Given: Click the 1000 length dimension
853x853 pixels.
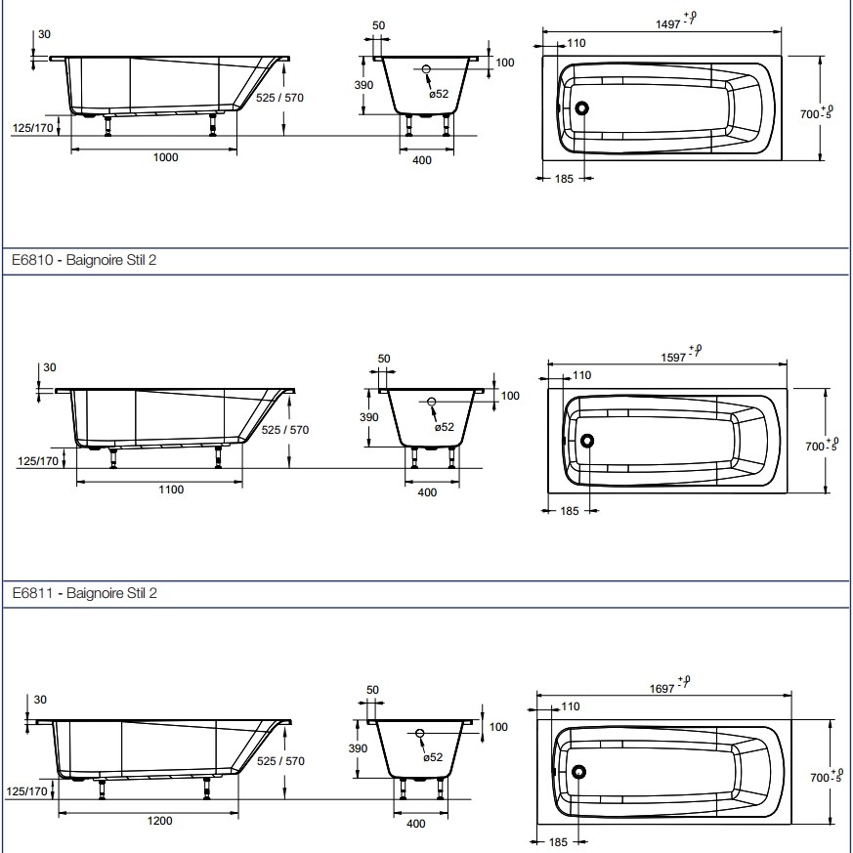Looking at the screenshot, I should click(x=167, y=158).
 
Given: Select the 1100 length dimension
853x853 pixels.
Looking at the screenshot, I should click(x=171, y=490).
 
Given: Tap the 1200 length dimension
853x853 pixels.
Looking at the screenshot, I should click(x=160, y=821).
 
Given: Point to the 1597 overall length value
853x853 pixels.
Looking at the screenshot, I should click(x=675, y=358).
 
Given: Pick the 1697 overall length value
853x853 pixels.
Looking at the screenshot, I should click(x=663, y=688).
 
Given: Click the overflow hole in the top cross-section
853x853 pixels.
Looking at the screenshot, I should click(x=426, y=69).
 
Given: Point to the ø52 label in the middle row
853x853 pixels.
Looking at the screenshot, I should click(x=445, y=427).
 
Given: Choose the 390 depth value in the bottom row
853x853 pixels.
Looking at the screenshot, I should click(x=358, y=747).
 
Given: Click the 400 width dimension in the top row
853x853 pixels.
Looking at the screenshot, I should click(x=421, y=161).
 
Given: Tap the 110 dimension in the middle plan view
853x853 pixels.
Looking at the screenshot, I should click(x=581, y=375).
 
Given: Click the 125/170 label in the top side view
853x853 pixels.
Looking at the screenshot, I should click(x=32, y=129).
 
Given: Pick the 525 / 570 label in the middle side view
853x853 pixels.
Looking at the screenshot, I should click(x=284, y=430).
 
